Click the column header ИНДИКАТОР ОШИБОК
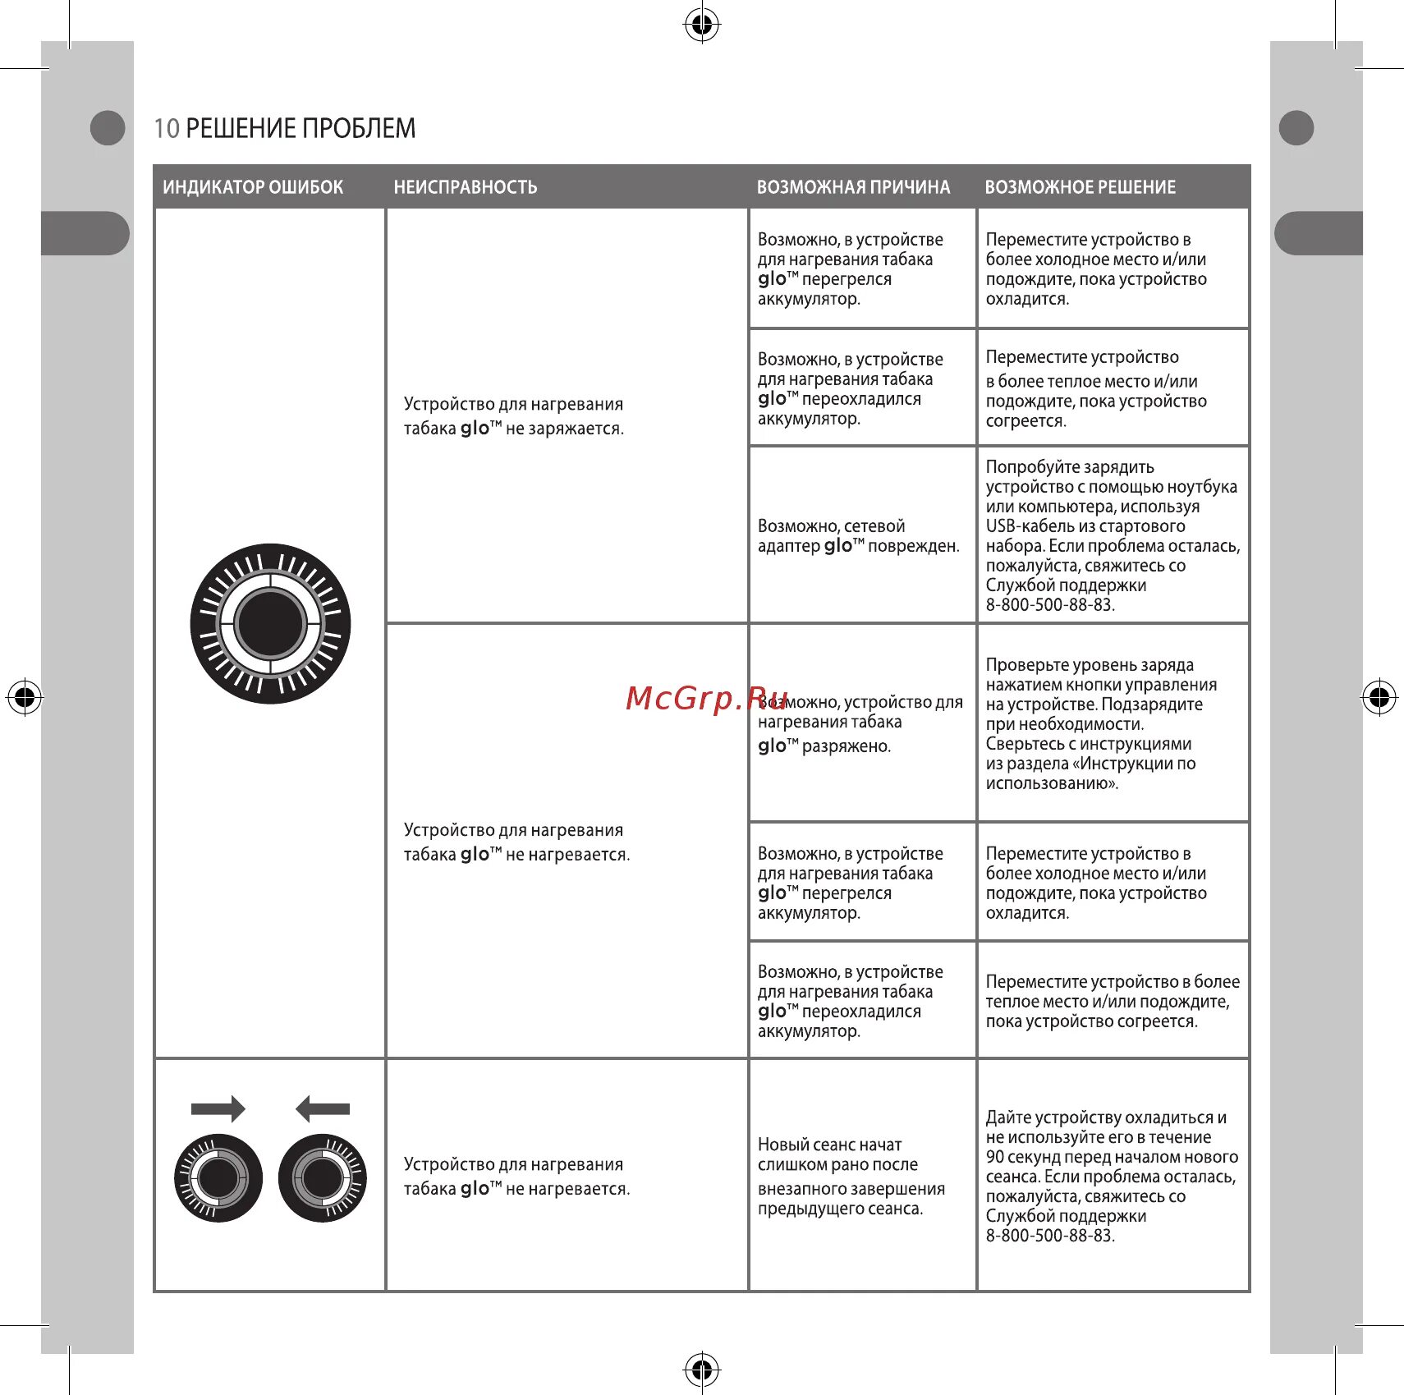[253, 187]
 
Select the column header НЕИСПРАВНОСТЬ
[465, 187]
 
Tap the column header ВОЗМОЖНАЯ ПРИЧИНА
[853, 187]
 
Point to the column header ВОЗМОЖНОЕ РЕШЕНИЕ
[1080, 187]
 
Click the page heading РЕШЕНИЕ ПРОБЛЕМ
[301, 128]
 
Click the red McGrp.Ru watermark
[706, 698]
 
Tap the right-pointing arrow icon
[218, 1108]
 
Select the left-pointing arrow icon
[323, 1108]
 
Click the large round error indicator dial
[270, 623]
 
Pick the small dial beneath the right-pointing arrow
[218, 1178]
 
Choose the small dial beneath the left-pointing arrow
[323, 1178]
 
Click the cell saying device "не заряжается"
[514, 416]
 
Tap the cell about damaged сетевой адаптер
[858, 536]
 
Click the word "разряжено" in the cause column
[846, 746]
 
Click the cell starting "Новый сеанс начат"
[851, 1176]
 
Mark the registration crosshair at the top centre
[702, 25]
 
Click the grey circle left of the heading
[107, 128]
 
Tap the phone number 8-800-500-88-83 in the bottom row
[1050, 1236]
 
